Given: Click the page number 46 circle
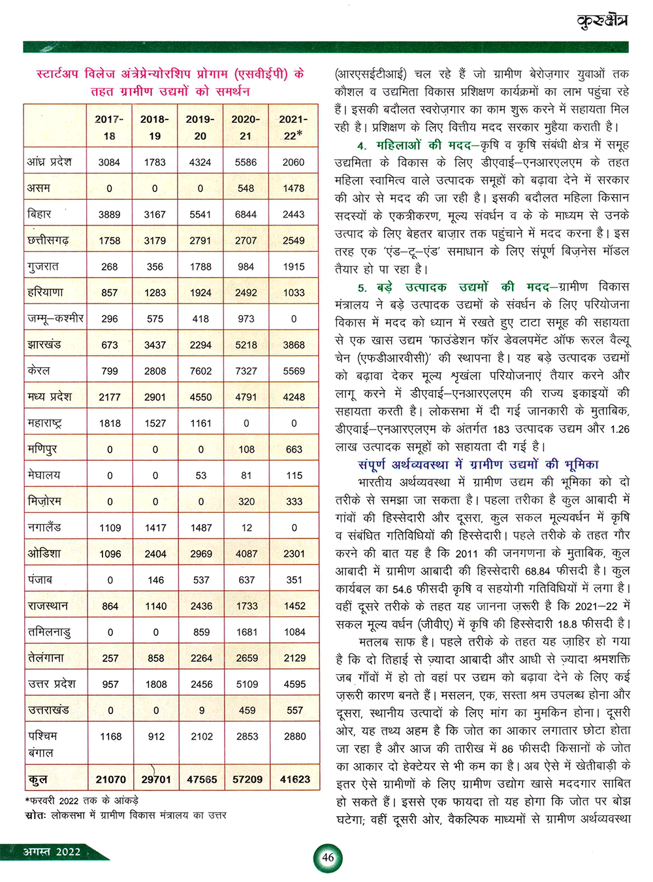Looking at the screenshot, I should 328,857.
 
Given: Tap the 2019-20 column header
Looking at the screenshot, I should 200,127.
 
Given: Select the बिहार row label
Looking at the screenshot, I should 40,214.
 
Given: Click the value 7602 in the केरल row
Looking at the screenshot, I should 200,371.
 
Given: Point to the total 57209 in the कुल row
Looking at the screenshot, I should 247,779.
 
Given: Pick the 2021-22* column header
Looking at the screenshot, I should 293,127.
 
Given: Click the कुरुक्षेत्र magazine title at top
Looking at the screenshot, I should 602,21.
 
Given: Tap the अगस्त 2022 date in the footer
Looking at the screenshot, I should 52,851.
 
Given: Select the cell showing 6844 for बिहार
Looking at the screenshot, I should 246,214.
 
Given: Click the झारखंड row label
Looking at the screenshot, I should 44,344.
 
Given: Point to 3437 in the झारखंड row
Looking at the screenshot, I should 155,345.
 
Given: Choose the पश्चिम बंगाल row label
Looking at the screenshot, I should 43,744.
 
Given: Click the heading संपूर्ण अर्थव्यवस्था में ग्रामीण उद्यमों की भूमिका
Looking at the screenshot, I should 478,465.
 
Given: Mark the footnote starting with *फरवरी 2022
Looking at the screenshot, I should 82,800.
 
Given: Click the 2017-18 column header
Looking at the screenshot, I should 109,127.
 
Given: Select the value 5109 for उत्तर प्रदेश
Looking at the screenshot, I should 247,684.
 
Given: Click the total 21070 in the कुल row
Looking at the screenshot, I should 111,779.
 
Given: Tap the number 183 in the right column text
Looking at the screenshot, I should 502,429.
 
